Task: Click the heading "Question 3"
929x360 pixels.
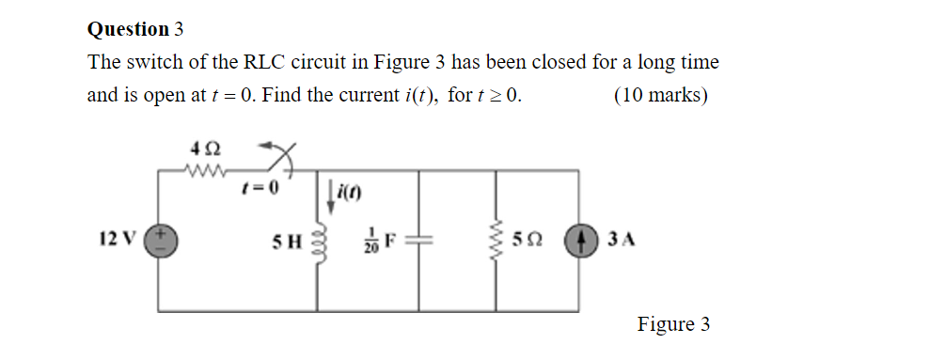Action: pos(134,29)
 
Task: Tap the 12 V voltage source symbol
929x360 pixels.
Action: pos(159,240)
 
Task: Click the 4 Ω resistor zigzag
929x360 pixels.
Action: pos(204,171)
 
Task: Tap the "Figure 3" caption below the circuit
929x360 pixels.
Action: pos(673,325)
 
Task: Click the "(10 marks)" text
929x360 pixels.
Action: pos(660,95)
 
